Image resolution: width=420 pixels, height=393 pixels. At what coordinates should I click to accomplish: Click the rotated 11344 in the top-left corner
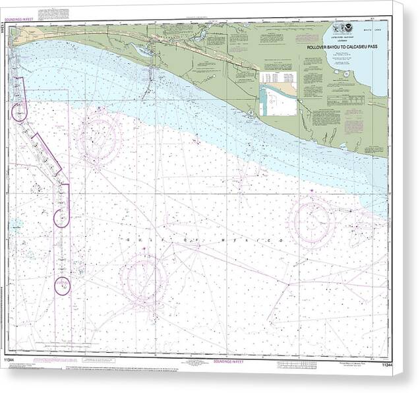pyautogui.click(x=6, y=30)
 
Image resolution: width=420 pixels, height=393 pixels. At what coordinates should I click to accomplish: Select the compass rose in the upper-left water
pyautogui.click(x=98, y=137)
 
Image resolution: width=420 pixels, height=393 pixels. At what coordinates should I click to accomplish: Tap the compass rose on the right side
pyautogui.click(x=312, y=222)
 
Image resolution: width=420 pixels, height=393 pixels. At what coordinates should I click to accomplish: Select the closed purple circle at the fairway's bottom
pyautogui.click(x=62, y=286)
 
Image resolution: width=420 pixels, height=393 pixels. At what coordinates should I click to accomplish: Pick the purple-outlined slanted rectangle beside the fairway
pyautogui.click(x=47, y=154)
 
